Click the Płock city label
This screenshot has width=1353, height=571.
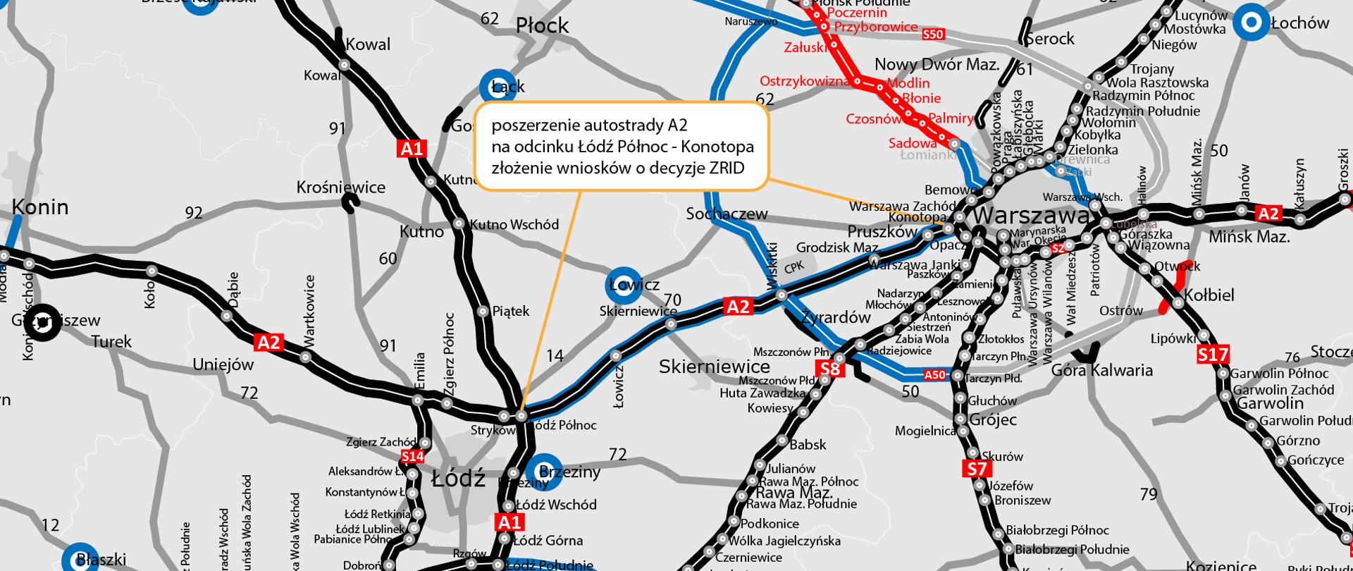coord(542,26)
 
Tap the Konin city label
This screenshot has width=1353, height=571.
coord(40,207)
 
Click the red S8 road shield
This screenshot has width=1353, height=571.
coord(832,369)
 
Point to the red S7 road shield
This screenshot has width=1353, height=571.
coord(977,469)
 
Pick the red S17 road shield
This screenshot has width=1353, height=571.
coord(1213,355)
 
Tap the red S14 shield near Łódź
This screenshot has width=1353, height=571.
coord(412,457)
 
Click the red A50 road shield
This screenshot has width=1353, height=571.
coord(934,375)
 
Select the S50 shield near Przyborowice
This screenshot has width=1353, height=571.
coord(932,34)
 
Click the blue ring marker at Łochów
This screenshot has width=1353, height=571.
coord(1252,23)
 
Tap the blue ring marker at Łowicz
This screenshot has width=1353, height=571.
coord(624,285)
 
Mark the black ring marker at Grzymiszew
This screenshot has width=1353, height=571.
coord(44,322)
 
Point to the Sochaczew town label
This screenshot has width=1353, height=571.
coord(727,214)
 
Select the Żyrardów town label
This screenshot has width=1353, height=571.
coord(836,318)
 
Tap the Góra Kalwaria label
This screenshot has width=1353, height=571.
coord(1101,370)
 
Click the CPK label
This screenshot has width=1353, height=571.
coord(794,267)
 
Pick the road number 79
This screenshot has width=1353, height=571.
coord(1149,495)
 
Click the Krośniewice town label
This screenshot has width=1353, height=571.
coord(341,188)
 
